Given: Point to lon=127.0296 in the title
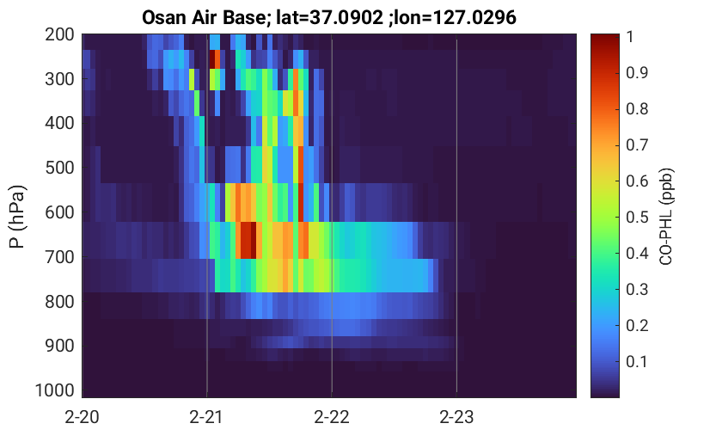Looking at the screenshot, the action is coord(456,18).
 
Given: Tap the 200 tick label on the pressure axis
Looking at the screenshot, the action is coord(59,34).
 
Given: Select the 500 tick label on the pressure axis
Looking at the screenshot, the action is coord(59,168).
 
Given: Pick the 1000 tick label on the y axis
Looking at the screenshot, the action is coord(55,390).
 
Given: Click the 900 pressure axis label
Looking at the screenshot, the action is coord(59,346).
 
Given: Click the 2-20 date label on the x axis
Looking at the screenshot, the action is coord(82,417).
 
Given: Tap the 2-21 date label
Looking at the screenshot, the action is coord(206,417).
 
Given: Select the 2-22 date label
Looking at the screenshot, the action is coord(332,417).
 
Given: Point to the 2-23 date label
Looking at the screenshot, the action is coord(456,417).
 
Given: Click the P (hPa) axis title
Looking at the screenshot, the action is coord(17,217).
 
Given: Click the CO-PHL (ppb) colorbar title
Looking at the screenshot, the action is coord(666,217).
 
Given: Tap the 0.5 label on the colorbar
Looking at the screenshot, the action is coord(637,217).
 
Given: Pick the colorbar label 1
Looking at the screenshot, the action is coord(630,36).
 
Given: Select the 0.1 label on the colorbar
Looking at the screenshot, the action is coord(637,361).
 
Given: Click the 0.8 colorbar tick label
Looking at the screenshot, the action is coord(637,108).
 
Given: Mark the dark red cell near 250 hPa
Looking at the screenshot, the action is coord(212,59).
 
